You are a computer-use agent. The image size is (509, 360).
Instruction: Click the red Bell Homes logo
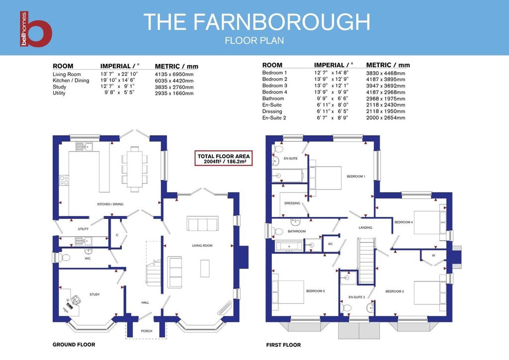coord(36,29)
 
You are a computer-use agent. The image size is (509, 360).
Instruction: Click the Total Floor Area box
coord(224,159)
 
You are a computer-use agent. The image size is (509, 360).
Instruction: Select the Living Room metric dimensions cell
coord(174,75)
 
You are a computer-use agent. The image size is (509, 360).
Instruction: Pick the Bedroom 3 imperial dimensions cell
coord(331,86)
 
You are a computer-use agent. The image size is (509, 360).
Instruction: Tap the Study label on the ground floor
coord(95,294)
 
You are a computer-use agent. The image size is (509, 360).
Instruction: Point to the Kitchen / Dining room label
coord(110,204)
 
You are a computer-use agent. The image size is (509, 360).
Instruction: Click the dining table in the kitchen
coord(135,169)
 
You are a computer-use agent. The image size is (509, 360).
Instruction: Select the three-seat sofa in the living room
coord(203,223)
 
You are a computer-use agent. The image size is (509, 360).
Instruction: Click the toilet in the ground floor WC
coord(64,258)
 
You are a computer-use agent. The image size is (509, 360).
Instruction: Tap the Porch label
coord(147,331)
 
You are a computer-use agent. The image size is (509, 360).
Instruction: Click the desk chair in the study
coord(76,299)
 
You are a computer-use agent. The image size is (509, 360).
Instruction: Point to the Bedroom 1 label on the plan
coord(356,177)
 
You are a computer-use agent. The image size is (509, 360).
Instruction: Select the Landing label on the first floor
coord(365,228)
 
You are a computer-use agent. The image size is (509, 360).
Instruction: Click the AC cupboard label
coord(331,244)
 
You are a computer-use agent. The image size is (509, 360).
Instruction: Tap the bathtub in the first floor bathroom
coord(289,247)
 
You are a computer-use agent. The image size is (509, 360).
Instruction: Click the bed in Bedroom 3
coord(288,291)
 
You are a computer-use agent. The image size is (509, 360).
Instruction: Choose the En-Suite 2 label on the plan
coord(357,297)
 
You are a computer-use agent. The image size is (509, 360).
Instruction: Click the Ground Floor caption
coord(74,345)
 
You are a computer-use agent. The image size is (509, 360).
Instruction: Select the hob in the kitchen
coord(64,180)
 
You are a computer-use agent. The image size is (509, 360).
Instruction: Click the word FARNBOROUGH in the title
coord(282,22)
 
